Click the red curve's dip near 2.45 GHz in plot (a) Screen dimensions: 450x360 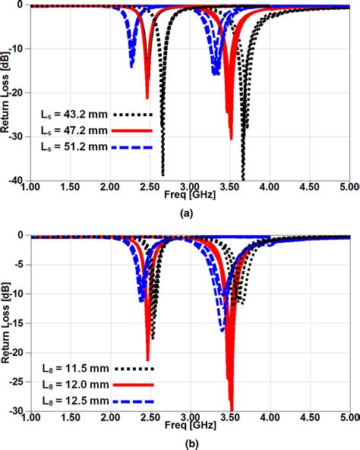click(147, 96)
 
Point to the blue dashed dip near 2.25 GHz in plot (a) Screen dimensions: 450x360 click(131, 66)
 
